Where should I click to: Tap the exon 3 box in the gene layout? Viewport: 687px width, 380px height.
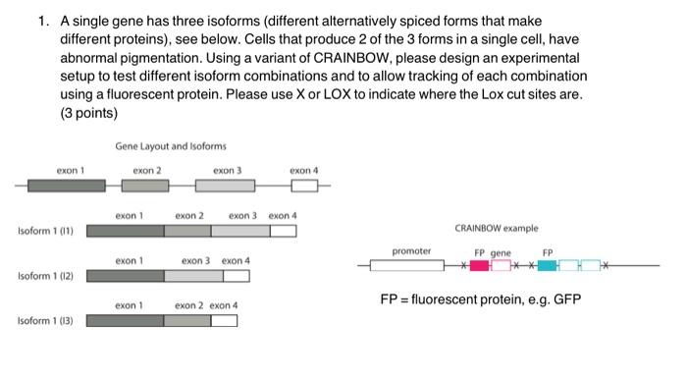pyautogui.click(x=225, y=186)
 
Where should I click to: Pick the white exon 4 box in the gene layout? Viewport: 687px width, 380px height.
pyautogui.click(x=304, y=186)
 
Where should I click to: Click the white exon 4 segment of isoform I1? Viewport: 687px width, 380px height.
pyautogui.click(x=284, y=232)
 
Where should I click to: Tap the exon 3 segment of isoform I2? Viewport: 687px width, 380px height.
pyautogui.click(x=193, y=276)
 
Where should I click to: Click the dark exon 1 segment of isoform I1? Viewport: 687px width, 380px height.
pyautogui.click(x=126, y=232)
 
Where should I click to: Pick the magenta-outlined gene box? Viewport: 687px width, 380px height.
pyautogui.click(x=501, y=266)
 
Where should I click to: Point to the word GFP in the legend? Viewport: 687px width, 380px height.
pyautogui.click(x=565, y=299)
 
